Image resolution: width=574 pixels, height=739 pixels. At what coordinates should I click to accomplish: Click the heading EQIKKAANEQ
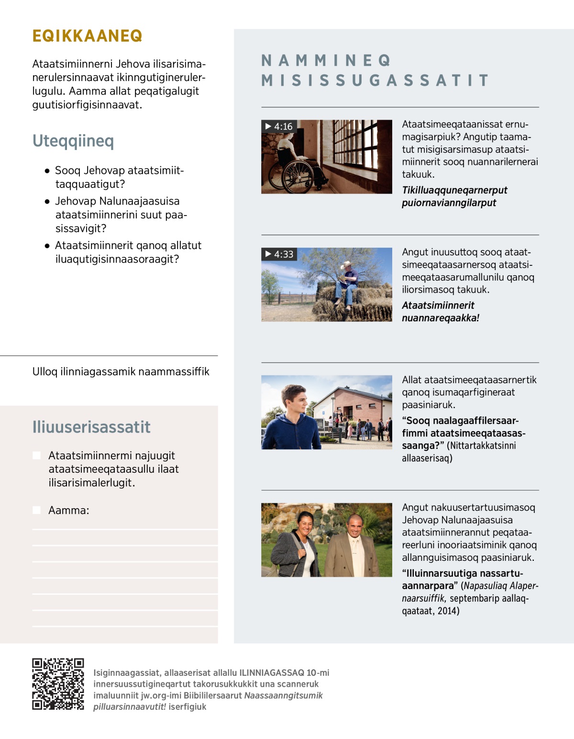pyautogui.click(x=87, y=36)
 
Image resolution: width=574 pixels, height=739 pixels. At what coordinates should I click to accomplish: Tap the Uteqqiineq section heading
pyautogui.click(x=73, y=141)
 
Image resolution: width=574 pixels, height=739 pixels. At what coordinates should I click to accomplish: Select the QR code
pyautogui.click(x=58, y=683)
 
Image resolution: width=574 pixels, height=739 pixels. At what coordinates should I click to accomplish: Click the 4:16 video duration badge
pyautogui.click(x=279, y=126)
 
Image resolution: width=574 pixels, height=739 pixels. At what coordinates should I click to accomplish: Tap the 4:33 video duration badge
pyautogui.click(x=279, y=254)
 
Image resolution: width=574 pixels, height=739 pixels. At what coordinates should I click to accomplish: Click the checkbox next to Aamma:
pyautogui.click(x=36, y=510)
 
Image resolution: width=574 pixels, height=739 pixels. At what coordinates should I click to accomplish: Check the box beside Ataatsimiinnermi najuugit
pyautogui.click(x=36, y=455)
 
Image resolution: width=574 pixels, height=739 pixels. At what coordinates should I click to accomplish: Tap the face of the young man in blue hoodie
pyautogui.click(x=294, y=401)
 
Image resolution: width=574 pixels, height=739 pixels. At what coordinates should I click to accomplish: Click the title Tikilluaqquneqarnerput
pyautogui.click(x=454, y=190)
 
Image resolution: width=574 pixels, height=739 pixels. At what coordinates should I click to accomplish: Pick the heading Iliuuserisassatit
pyautogui.click(x=91, y=427)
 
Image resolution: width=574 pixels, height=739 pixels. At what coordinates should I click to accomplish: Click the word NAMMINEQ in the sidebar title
pyautogui.click(x=326, y=60)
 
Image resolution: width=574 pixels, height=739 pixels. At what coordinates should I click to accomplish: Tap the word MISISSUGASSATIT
pyautogui.click(x=375, y=80)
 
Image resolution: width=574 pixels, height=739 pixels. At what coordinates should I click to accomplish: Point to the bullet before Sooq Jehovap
pyautogui.click(x=47, y=171)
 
